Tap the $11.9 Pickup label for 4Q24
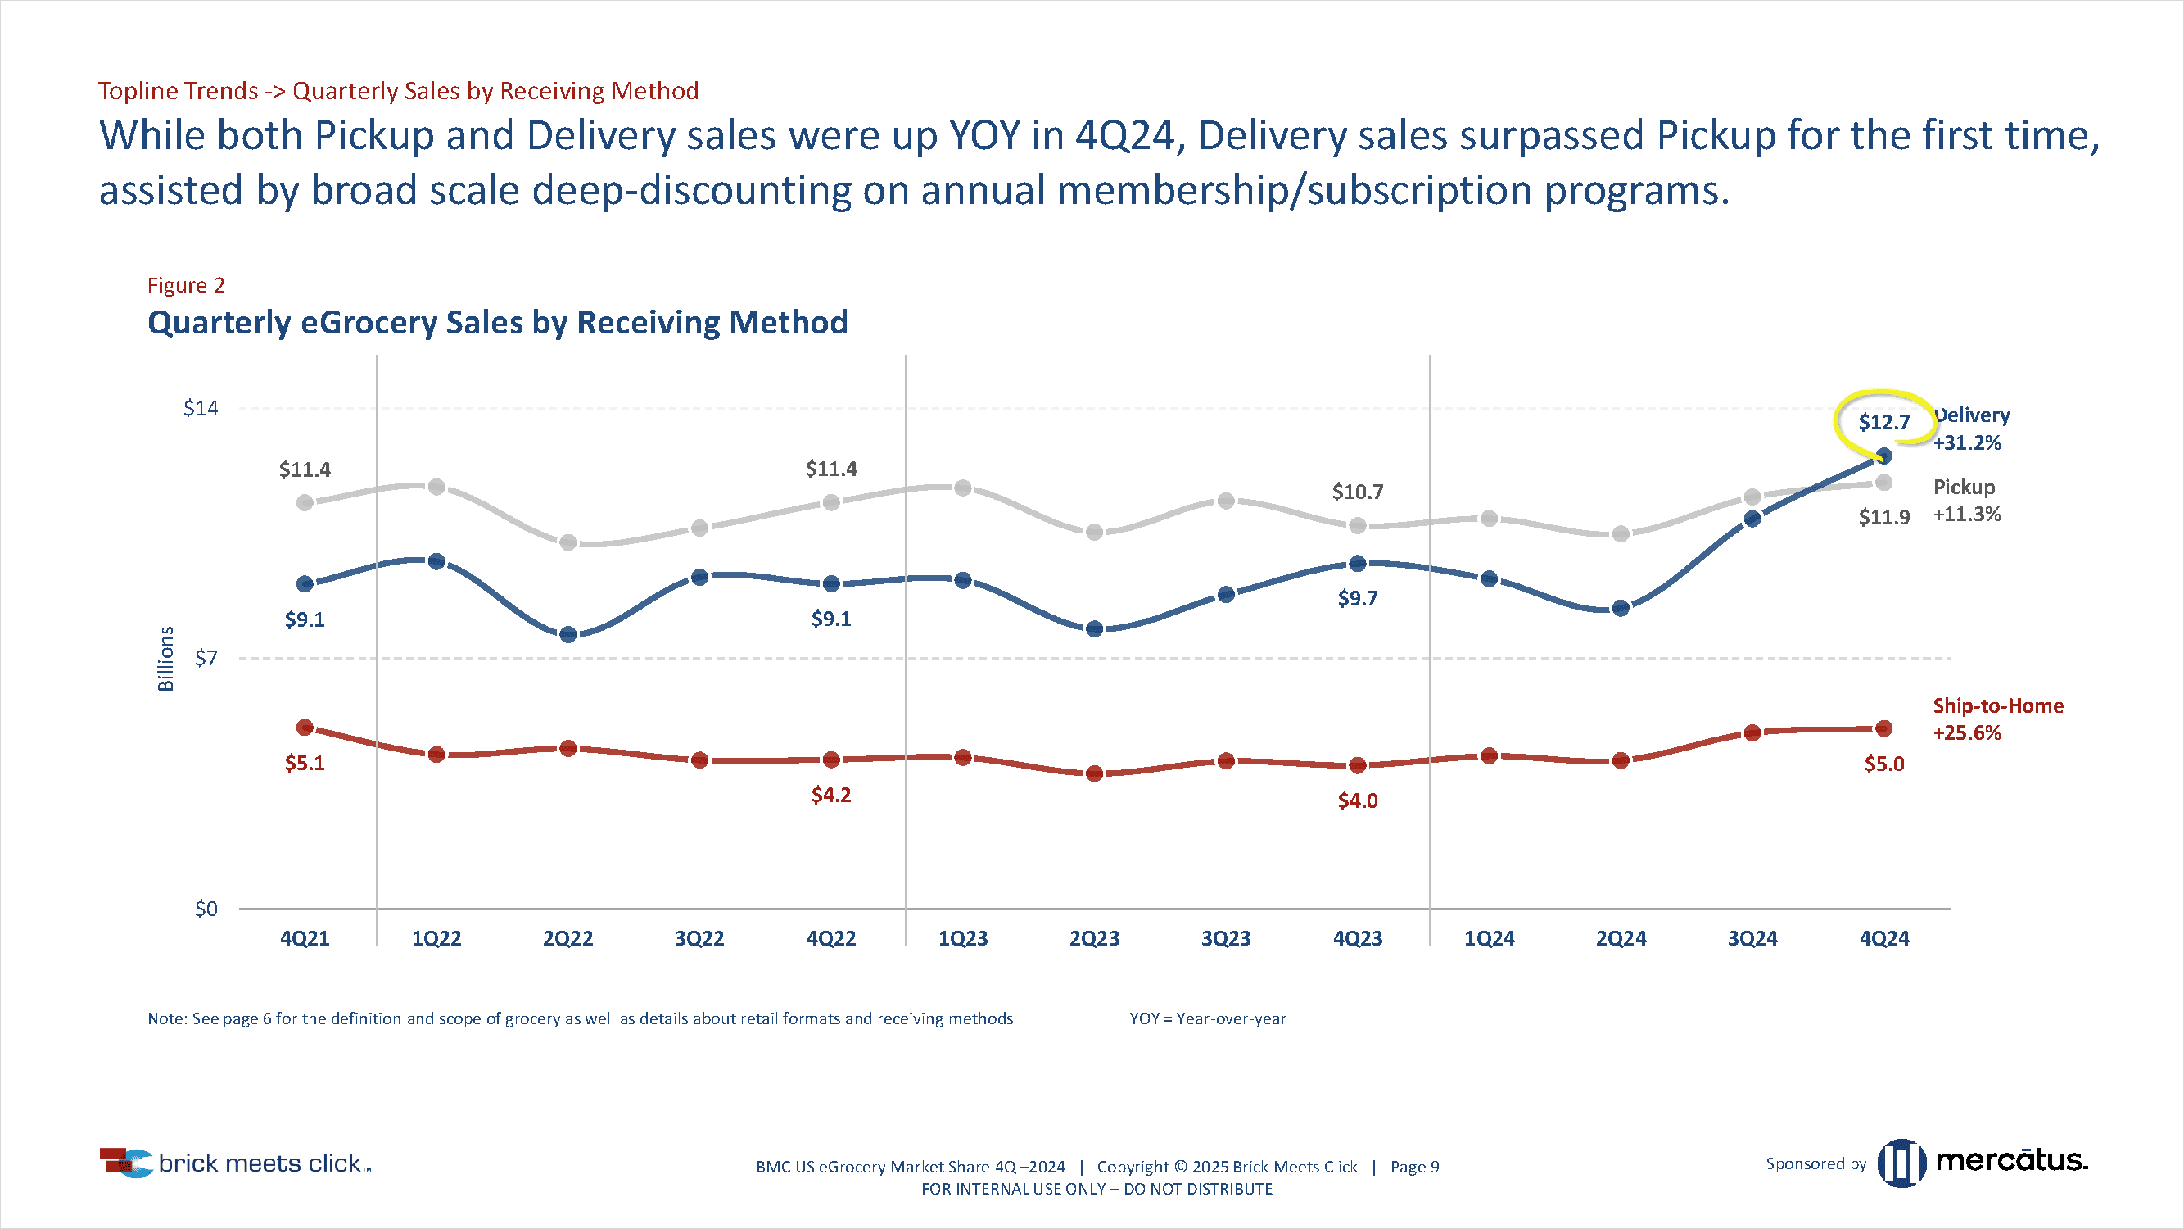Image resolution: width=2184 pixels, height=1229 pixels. (1883, 516)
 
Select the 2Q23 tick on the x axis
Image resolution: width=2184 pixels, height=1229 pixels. (1094, 938)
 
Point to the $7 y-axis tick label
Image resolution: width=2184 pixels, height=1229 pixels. (206, 658)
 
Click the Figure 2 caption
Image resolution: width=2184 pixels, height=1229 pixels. (186, 285)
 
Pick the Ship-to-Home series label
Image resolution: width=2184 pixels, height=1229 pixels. (1997, 705)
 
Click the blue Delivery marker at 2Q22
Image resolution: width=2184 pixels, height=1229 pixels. (568, 634)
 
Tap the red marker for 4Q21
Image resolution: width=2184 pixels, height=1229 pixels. (305, 728)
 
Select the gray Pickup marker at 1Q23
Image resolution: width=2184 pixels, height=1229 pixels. (963, 488)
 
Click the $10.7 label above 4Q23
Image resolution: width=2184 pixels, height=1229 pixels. (1357, 492)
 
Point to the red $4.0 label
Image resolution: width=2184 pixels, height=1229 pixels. (1357, 800)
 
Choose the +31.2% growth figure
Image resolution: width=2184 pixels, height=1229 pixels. (1966, 442)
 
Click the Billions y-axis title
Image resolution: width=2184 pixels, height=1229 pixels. (166, 659)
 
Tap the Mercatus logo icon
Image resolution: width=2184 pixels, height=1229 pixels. (1901, 1163)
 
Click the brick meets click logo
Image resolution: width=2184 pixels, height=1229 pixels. (236, 1163)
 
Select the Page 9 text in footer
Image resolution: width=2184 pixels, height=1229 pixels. (1414, 1167)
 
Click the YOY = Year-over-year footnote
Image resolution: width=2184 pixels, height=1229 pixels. (1207, 1018)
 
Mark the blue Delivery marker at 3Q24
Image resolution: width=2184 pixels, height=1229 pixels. (1752, 519)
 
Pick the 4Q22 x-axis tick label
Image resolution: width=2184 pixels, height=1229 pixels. (831, 938)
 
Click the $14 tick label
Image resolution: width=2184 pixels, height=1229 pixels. (201, 408)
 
